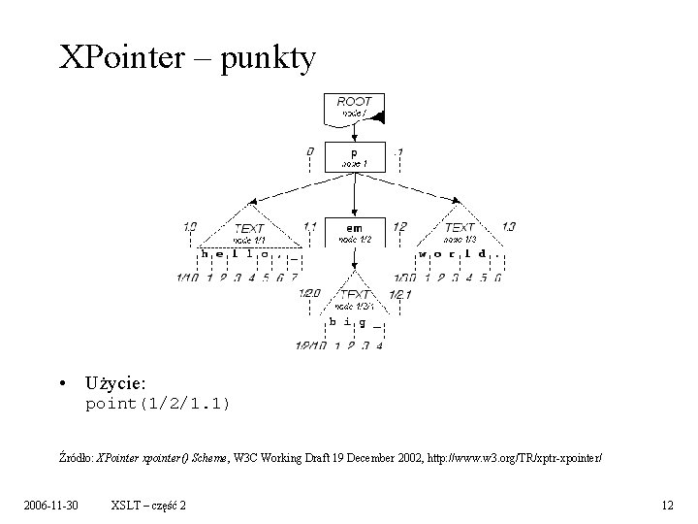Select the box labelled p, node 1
click(353, 156)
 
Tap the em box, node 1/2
click(354, 231)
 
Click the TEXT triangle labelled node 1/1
click(250, 229)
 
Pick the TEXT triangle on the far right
click(459, 228)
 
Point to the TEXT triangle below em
click(355, 296)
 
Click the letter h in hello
click(205, 253)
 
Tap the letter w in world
click(423, 253)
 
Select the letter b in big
click(333, 321)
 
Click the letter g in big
click(362, 322)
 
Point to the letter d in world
click(483, 253)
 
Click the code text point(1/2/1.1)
click(157, 403)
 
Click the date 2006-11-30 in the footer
click(54, 505)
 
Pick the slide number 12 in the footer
click(666, 505)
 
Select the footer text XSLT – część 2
click(149, 505)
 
